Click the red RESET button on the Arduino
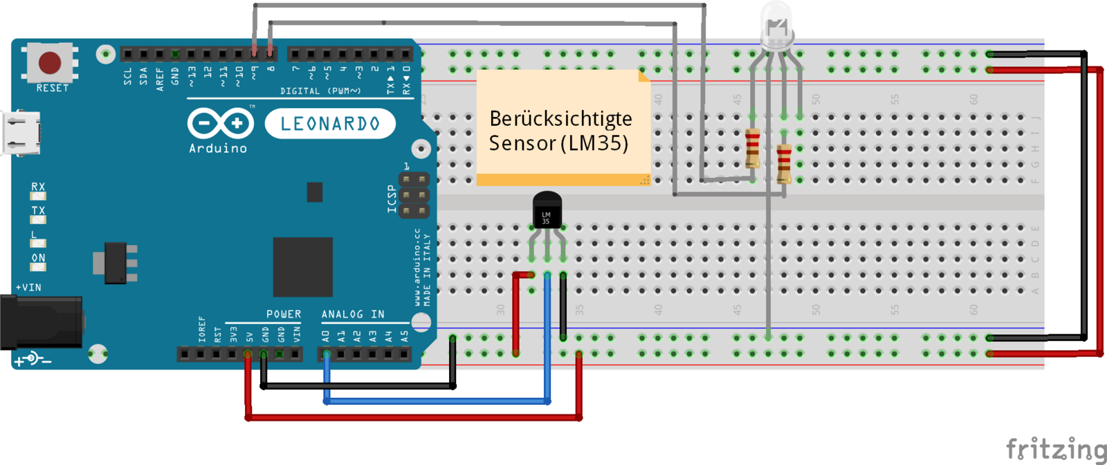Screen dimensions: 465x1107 (x=50, y=62)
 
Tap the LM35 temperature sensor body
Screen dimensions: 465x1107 (x=547, y=210)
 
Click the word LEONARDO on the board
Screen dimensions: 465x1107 (x=330, y=124)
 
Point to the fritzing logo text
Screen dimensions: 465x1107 (x=1056, y=450)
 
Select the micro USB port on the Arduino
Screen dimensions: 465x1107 (x=21, y=133)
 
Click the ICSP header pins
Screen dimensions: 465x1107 (x=414, y=194)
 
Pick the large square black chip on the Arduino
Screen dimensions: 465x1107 (x=302, y=266)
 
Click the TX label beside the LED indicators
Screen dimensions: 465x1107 (x=38, y=210)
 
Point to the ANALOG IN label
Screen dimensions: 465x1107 (x=353, y=314)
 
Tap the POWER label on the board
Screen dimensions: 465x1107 (x=284, y=314)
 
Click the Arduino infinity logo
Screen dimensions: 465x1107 (x=220, y=124)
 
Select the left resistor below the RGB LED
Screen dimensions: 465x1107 (x=753, y=148)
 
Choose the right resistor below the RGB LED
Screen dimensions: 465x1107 (x=784, y=163)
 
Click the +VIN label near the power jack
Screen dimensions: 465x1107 (x=29, y=287)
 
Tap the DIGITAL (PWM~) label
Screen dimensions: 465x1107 (x=320, y=91)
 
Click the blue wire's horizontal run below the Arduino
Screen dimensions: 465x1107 (x=436, y=401)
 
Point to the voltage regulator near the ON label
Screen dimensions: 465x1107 (x=115, y=263)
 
